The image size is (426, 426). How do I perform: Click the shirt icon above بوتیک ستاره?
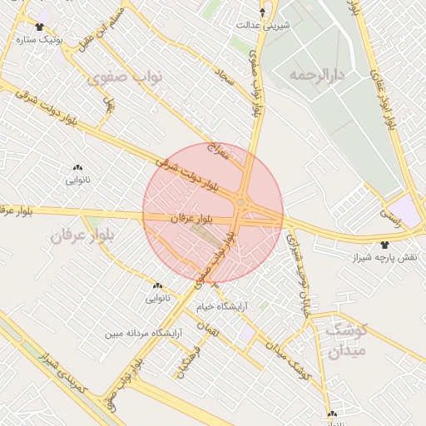click(x=40, y=27)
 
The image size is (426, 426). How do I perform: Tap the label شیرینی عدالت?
click(x=264, y=25)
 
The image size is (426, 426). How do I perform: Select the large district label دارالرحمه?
click(x=317, y=76)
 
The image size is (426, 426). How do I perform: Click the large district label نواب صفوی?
click(x=124, y=77)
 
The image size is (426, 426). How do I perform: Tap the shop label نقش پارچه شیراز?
click(x=385, y=258)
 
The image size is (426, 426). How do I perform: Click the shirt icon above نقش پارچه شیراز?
click(x=384, y=245)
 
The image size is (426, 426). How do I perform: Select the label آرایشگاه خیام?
click(x=222, y=306)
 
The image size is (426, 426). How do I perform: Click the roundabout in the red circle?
click(x=240, y=202)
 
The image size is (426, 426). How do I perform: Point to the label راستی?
click(x=390, y=213)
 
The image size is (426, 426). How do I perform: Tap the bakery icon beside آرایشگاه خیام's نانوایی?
click(x=157, y=285)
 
